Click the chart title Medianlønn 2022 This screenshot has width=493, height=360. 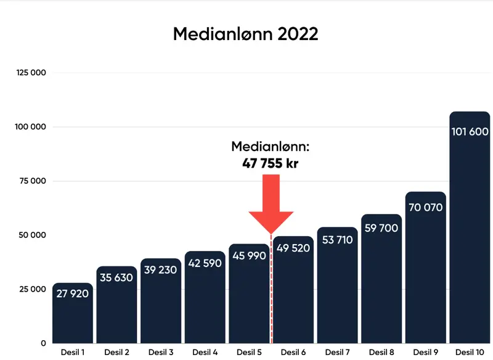point(245,34)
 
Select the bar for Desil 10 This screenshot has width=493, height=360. point(470,234)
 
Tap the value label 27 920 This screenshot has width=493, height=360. point(73,294)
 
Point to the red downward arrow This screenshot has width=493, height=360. point(271,203)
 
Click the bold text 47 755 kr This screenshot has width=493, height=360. point(271,163)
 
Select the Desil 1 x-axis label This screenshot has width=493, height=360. point(73,352)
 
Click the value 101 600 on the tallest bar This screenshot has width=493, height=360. point(470,132)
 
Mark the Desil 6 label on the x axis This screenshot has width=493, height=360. point(293,352)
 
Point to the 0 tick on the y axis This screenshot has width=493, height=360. point(43,343)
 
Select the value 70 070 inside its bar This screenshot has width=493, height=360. point(425,208)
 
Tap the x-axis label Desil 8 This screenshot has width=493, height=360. point(381,352)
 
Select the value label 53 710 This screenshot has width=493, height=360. point(337,240)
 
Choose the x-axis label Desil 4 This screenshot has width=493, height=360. point(205,352)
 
